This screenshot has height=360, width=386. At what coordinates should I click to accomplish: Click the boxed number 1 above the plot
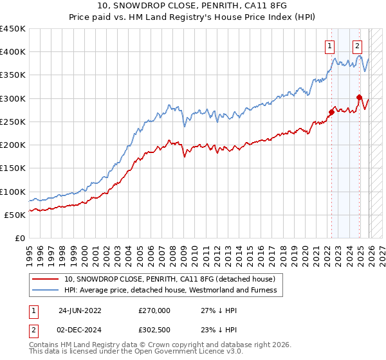[x=330, y=46]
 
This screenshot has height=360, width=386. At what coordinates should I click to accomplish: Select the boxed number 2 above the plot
[x=357, y=46]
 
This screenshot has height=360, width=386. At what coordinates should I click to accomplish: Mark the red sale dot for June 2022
[x=331, y=112]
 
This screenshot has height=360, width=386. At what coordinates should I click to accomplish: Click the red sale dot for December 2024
[x=359, y=97]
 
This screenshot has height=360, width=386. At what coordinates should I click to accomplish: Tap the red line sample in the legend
[x=46, y=279]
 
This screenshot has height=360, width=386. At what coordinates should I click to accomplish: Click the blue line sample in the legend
[x=46, y=290]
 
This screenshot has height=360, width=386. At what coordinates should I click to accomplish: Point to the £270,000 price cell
[x=154, y=309]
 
